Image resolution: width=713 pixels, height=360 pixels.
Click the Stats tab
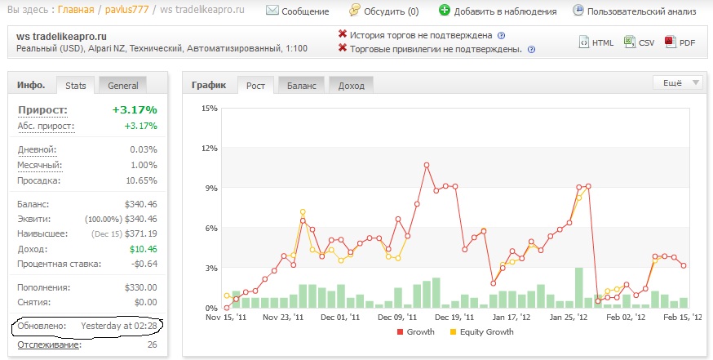pos(76,86)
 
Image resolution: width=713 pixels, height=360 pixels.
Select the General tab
pos(122,86)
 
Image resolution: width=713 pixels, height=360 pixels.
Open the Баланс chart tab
pos(302,86)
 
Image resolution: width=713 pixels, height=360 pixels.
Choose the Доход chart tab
pos(351,86)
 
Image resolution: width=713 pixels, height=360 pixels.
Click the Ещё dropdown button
pos(678,82)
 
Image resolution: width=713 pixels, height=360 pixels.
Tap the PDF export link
pos(680,42)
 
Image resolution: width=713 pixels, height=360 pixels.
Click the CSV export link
pos(639,42)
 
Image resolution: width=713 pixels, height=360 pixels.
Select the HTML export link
pos(596,42)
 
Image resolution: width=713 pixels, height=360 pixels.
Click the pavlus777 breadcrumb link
pos(127,10)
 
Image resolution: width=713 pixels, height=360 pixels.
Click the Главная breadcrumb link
pos(76,10)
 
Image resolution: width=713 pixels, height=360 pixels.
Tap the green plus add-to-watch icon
pos(445,10)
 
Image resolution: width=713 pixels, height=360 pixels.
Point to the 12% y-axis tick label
pos(210,149)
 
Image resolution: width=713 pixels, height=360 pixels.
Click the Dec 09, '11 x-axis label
pos(397,318)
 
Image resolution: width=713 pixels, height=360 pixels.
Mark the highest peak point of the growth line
pos(427,165)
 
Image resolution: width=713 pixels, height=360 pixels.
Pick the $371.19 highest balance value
pos(140,234)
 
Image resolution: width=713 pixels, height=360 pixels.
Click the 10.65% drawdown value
pos(141,180)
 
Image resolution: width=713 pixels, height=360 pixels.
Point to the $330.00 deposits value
pos(140,287)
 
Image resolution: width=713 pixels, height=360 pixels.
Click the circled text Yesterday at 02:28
pos(119,326)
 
